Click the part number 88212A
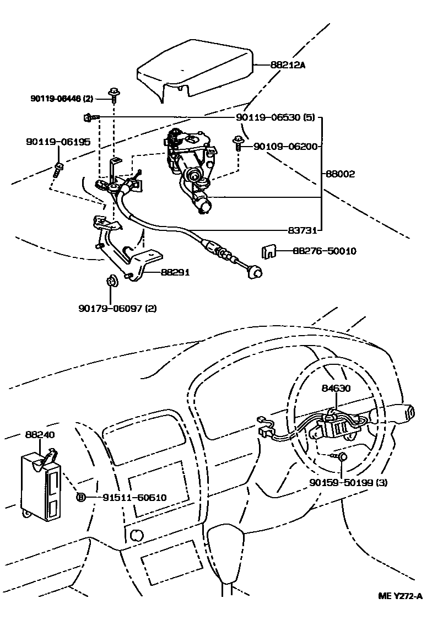(x=288, y=65)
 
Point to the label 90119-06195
(x=58, y=142)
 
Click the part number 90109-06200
(x=285, y=147)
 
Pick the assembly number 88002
(x=339, y=174)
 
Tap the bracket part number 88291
(x=175, y=272)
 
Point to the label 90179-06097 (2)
(x=117, y=308)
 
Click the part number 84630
(x=336, y=388)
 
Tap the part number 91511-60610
(x=134, y=498)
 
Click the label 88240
(x=39, y=435)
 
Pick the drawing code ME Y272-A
(x=400, y=596)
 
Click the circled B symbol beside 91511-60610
(x=80, y=498)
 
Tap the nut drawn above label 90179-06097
(x=110, y=283)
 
